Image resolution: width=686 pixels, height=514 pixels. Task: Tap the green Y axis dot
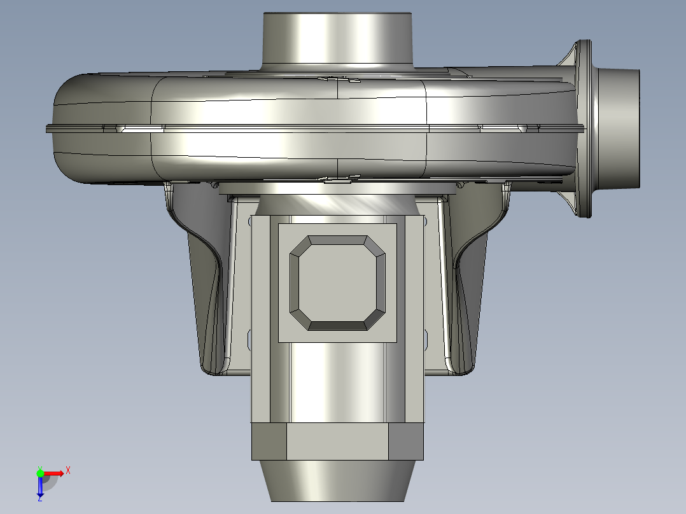[x=40, y=473]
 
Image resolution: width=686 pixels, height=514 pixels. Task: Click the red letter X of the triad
[x=68, y=471]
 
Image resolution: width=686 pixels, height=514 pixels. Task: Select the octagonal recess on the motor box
[x=337, y=283]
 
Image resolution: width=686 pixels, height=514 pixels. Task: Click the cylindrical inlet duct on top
[x=337, y=41]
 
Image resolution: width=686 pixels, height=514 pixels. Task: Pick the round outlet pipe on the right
[x=617, y=128]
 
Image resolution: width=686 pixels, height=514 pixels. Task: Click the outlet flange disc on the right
[x=583, y=128]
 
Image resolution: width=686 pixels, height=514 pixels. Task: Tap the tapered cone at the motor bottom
[x=337, y=481]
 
